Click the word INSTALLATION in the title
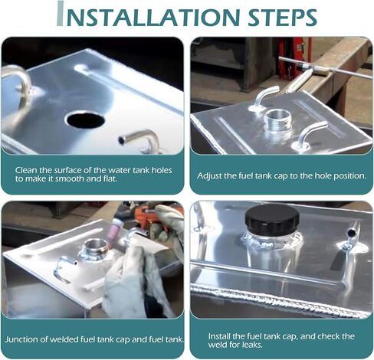tap(148, 15)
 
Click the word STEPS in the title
tap(282, 17)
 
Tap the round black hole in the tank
tap(85, 120)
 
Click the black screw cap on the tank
tap(272, 220)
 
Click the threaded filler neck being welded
tap(95, 247)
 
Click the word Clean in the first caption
tap(25, 170)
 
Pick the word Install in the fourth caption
tap(219, 336)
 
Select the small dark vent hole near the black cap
tap(351, 233)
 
